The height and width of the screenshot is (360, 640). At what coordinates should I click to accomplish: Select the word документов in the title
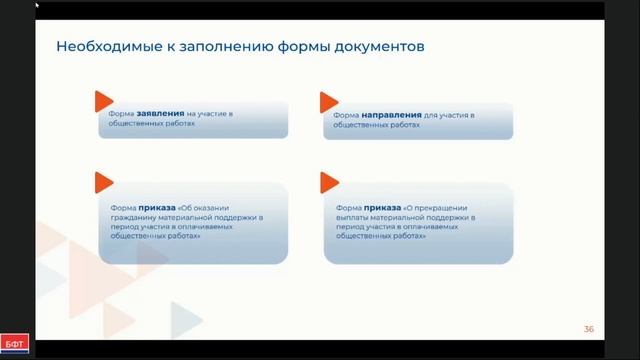coord(380,47)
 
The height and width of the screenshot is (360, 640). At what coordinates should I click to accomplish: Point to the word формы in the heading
coord(304,47)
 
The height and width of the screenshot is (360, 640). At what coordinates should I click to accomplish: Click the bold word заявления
coord(160,113)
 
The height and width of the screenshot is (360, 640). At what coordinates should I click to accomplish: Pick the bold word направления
coord(391,115)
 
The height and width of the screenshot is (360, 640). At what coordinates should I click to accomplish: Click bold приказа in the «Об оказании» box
coord(157,208)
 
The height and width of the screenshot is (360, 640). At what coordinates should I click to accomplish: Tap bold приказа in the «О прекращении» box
coord(382,208)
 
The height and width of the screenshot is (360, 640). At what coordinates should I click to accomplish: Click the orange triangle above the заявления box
coord(104,101)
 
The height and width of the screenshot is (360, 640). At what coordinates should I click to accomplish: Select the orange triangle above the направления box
coord(329,102)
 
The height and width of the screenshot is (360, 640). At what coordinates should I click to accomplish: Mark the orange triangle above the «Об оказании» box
coord(104,182)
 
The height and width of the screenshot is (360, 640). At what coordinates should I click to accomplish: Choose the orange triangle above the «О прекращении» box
coord(329,182)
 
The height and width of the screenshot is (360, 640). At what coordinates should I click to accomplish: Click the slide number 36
coord(589,329)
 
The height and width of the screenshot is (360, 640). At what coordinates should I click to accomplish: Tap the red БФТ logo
coord(15,344)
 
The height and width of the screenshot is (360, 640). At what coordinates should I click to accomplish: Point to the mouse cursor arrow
coord(37,5)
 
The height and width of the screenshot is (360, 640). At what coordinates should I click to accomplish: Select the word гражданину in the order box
coord(133,218)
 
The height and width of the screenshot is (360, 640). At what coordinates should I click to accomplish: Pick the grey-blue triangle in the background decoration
coord(186,320)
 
